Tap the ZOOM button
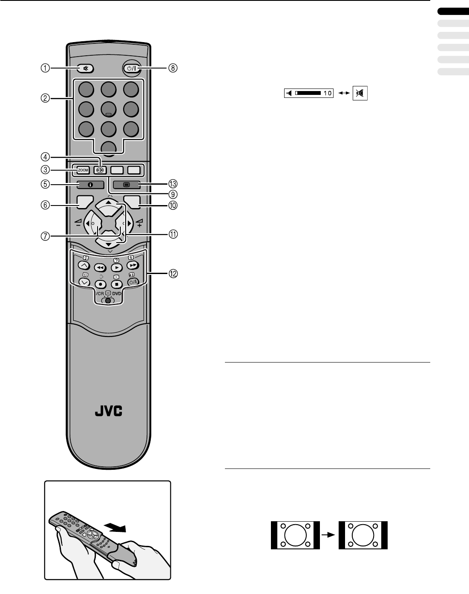(x=83, y=170)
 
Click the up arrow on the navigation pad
(x=109, y=203)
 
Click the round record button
(x=101, y=284)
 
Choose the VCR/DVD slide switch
(x=108, y=300)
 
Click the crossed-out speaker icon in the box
(x=360, y=94)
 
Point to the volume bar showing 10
(x=309, y=94)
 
